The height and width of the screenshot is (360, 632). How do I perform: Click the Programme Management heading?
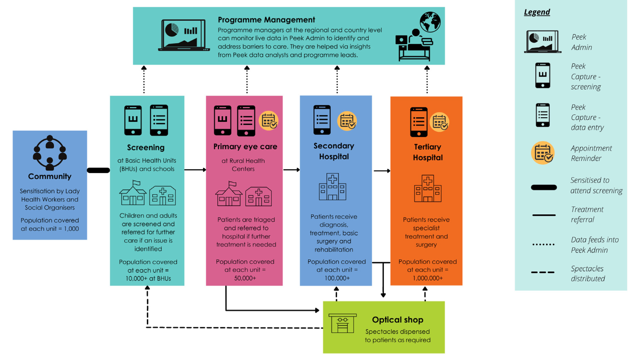click(x=266, y=20)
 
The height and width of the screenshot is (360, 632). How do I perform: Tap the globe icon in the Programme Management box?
click(x=430, y=22)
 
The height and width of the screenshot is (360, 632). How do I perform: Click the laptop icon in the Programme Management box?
click(x=184, y=35)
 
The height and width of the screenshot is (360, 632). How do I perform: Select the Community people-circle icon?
click(x=50, y=153)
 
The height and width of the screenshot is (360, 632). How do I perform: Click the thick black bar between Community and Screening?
click(x=99, y=170)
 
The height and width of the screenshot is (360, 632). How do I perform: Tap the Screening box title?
click(x=145, y=148)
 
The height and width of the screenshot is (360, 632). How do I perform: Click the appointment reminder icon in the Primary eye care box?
click(x=269, y=121)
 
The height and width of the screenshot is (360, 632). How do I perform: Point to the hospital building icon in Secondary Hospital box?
click(x=332, y=187)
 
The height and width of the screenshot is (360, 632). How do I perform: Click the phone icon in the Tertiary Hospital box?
click(x=418, y=122)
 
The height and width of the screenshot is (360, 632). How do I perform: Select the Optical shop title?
click(x=397, y=320)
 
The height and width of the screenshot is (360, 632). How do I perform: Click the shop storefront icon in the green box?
click(x=342, y=323)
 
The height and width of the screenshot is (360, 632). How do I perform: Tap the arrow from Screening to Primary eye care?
click(x=195, y=170)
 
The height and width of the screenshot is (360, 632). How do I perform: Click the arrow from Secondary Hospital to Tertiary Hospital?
click(x=382, y=171)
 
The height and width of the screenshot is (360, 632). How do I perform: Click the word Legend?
click(x=537, y=12)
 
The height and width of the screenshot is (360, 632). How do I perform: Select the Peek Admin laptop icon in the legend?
click(x=542, y=42)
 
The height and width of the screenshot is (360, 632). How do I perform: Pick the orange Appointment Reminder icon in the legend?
click(x=543, y=153)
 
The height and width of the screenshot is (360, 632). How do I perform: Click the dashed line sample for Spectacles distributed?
click(x=543, y=272)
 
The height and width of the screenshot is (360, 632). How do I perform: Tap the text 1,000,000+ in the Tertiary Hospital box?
click(x=427, y=278)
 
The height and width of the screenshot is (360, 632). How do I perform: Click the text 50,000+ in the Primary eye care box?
click(x=245, y=278)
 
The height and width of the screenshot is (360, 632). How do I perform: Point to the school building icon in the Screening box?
click(x=133, y=193)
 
